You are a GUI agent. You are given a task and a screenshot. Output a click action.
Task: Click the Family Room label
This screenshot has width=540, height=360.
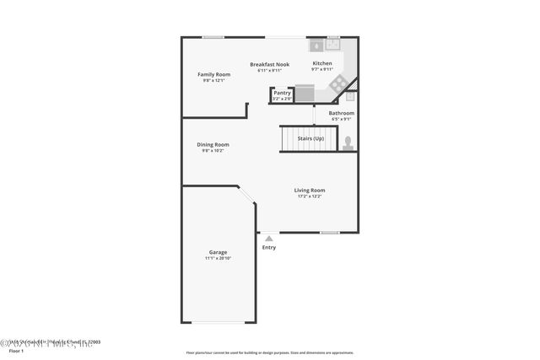pos(213,74)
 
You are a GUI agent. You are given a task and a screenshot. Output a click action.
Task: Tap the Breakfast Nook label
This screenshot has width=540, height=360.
pos(270,64)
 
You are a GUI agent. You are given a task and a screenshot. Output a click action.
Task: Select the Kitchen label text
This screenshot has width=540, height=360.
pos(321,63)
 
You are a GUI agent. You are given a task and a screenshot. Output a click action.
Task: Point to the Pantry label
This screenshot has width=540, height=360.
pos(282,93)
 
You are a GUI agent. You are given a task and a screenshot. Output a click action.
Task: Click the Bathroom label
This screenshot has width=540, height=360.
pos(341,113)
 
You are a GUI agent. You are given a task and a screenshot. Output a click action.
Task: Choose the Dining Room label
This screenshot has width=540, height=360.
pos(213,144)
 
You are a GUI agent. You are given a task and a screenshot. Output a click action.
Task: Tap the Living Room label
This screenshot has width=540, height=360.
pos(309,190)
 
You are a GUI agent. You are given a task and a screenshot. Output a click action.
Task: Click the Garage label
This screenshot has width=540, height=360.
pos(218,252)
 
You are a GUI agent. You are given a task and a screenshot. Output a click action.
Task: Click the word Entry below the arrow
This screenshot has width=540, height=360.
pos(268,248)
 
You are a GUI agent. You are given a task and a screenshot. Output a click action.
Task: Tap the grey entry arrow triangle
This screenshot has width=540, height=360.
pos(268,239)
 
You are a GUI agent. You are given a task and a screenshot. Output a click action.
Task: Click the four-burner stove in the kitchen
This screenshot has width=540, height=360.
pos(337,83)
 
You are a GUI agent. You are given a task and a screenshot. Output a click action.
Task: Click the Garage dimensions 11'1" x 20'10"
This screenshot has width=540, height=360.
pos(218,258)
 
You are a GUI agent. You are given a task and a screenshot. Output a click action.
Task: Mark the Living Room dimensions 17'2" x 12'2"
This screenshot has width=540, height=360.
pos(309,196)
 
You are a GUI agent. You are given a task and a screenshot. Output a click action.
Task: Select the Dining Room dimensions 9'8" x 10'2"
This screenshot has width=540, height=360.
pos(213,150)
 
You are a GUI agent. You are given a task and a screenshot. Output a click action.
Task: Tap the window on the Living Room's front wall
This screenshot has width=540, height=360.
pos(329,233)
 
